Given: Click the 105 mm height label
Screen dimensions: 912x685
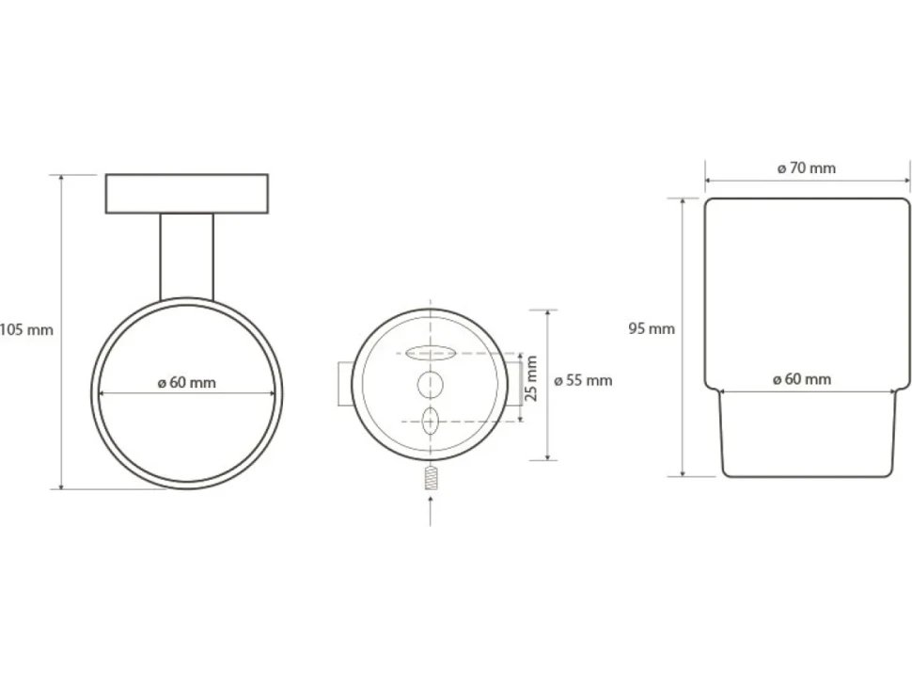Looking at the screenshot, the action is point(26,330).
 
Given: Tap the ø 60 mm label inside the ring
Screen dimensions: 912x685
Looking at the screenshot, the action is point(187,383).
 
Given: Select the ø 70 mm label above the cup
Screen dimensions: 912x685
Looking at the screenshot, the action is point(807,168).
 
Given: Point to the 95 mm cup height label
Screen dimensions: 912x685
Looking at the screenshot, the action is point(652,328).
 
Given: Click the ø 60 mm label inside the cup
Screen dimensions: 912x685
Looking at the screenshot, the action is point(802,379).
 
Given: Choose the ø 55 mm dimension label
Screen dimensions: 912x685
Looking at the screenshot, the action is point(583,381).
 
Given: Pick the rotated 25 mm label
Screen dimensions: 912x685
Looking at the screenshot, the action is point(531,378).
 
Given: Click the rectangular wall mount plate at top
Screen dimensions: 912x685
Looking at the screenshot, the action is point(187,194).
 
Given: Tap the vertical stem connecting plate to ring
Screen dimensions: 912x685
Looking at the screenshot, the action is point(187,257).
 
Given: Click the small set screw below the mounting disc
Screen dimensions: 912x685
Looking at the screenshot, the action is point(431,478).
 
